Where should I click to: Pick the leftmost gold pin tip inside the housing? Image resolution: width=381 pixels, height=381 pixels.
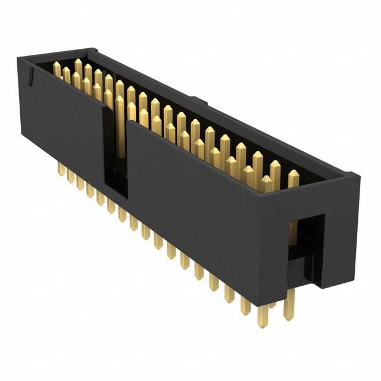(57, 70)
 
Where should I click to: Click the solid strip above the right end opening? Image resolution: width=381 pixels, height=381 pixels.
(310, 199)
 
